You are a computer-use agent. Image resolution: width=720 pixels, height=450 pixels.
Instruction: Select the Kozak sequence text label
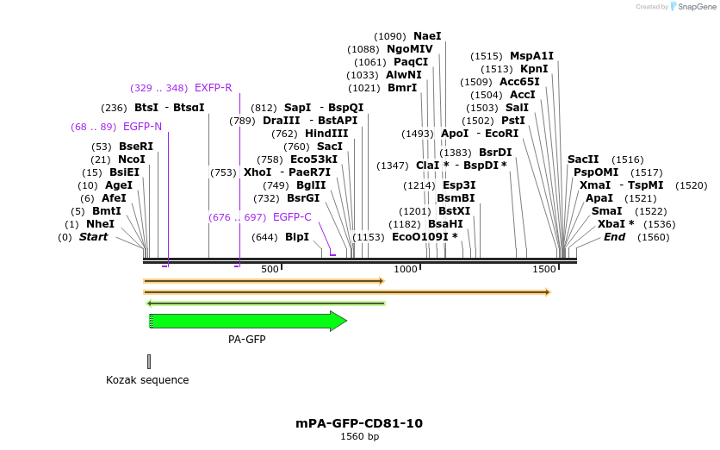click(147, 380)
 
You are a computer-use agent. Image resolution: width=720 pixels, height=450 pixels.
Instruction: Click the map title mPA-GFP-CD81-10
click(359, 423)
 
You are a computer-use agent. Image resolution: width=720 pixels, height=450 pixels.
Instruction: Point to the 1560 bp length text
click(359, 437)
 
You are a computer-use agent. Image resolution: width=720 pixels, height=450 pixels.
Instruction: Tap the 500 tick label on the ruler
click(270, 270)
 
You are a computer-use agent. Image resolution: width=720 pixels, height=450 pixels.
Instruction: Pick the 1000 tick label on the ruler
click(405, 270)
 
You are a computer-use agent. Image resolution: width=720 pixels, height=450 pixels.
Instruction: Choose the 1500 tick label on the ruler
click(544, 270)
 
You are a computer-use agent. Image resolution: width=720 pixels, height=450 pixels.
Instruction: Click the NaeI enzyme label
click(427, 36)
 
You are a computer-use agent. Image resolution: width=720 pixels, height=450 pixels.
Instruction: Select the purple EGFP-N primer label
click(142, 127)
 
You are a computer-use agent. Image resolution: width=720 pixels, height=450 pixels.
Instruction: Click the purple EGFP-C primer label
click(292, 217)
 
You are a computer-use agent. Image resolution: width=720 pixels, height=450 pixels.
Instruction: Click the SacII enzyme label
click(583, 159)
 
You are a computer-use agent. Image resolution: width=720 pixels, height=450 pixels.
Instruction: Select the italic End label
click(614, 237)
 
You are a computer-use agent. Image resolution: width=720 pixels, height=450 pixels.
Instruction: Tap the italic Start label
click(93, 237)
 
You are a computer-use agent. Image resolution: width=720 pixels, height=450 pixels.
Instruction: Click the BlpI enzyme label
click(297, 237)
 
